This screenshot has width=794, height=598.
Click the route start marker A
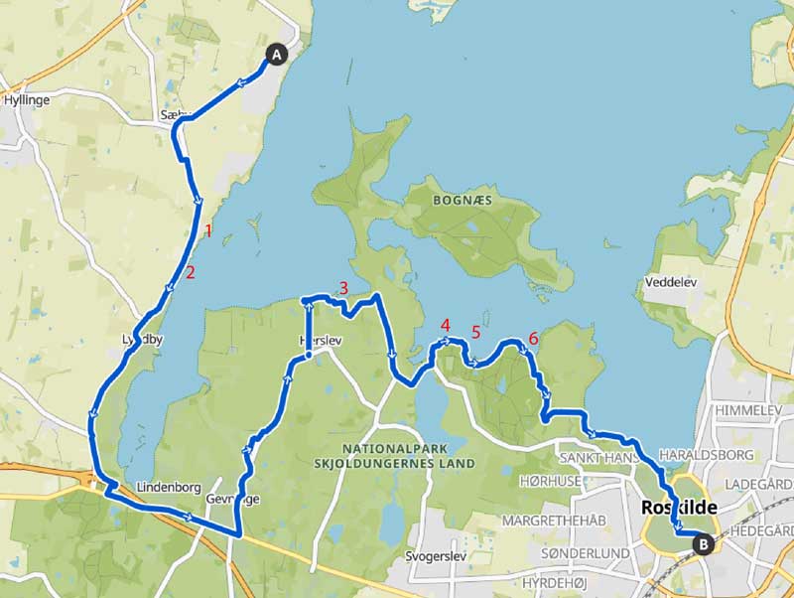pos(276,56)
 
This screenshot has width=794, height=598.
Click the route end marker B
pos(703,543)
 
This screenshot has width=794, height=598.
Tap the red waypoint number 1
pos(207,231)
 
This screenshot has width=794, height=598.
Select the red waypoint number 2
pos(190,272)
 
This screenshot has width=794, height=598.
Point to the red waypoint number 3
pos(342,288)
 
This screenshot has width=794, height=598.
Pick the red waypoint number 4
pos(445,325)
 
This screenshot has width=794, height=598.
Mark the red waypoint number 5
pos(475,332)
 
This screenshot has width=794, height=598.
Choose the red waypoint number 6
pos(533,339)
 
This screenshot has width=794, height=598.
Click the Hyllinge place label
pos(27,100)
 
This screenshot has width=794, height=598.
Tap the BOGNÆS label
pos(461,199)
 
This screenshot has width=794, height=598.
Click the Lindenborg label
pos(170,488)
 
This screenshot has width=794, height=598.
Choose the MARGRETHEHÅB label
pos(553,521)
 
